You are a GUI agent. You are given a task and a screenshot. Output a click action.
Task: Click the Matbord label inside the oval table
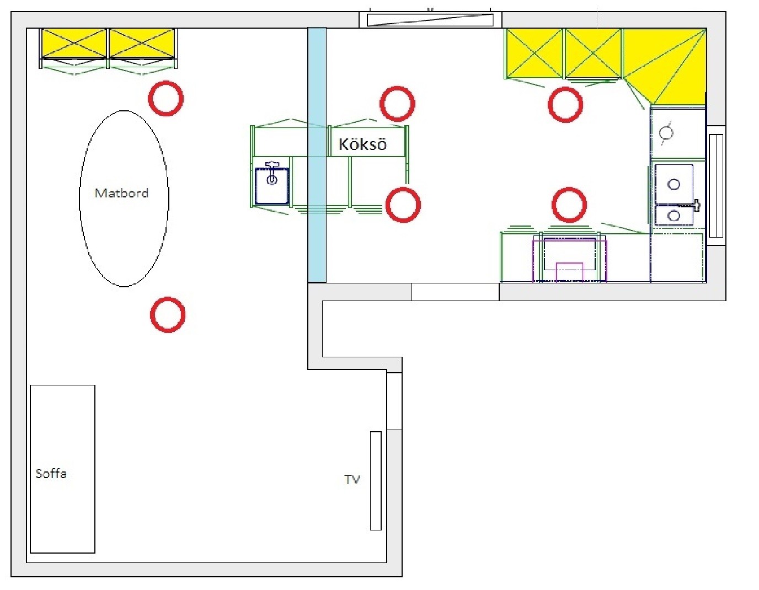[x=121, y=193]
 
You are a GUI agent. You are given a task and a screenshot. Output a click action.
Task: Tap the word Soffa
[x=51, y=474]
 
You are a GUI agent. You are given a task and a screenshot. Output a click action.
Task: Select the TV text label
[x=352, y=480]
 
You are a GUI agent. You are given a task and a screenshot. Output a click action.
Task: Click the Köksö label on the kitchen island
[x=363, y=144]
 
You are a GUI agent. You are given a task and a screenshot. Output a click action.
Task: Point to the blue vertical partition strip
[x=317, y=155]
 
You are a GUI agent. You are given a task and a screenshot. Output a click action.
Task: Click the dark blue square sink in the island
[x=272, y=186]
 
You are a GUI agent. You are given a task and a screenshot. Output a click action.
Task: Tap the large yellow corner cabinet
[x=664, y=66]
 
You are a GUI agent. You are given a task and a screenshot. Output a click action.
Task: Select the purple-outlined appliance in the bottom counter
[x=570, y=260]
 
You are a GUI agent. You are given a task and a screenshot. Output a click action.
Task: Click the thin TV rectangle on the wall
[x=376, y=481]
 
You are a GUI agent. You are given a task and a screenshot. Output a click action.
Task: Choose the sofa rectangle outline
[x=30, y=469]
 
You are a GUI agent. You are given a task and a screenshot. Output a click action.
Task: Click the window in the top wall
[x=430, y=20]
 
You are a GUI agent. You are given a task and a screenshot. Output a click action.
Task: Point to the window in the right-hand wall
[x=715, y=186]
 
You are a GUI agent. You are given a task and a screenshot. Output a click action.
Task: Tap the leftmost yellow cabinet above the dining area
[x=74, y=44]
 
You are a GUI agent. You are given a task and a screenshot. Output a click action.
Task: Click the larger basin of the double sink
[x=674, y=184]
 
